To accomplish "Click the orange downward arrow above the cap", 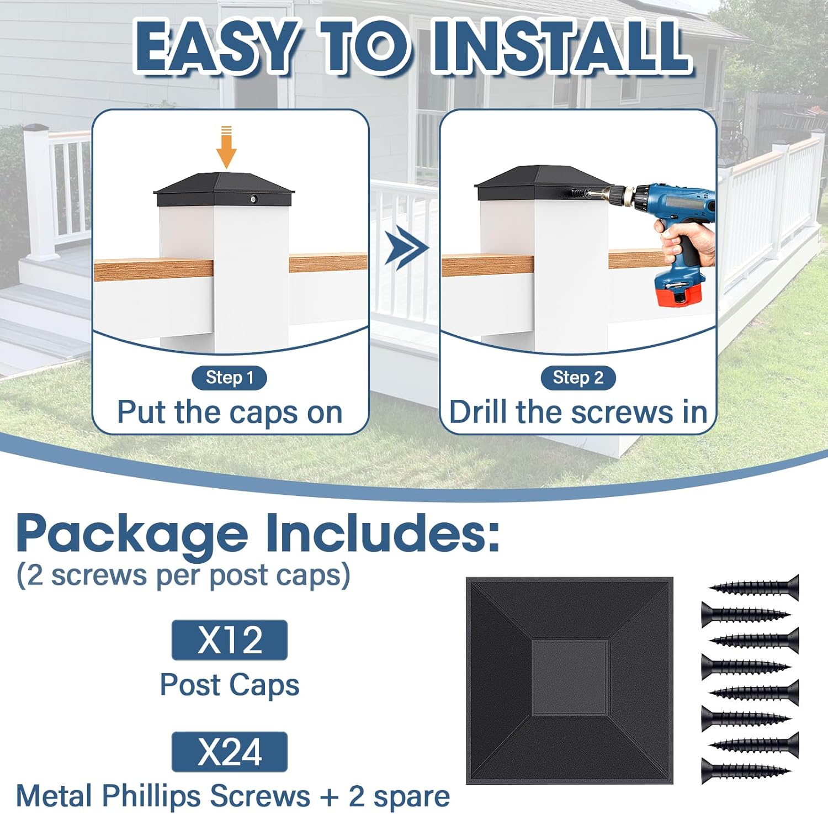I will [226, 148].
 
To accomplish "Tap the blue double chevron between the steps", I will [406, 250].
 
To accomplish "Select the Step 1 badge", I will [229, 378].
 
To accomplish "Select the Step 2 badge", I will [577, 378].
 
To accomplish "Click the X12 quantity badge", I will [229, 640].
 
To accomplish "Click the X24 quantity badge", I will [229, 752].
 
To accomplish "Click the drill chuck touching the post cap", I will [613, 194].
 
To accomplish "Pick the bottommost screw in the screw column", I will [745, 770].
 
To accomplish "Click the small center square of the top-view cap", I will [570, 678].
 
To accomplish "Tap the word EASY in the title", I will [215, 47].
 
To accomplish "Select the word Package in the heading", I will [132, 534].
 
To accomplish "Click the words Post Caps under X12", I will [229, 685].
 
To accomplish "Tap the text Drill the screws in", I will [577, 413].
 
